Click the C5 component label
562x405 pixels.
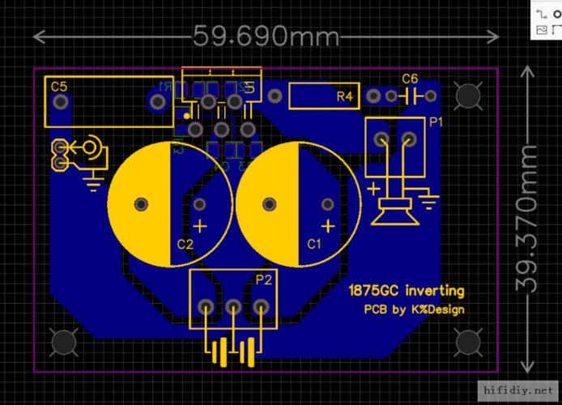point(59,86)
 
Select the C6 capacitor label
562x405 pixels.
point(411,79)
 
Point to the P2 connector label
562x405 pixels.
point(264,279)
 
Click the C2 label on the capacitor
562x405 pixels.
point(185,244)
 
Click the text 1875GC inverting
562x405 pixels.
point(407,290)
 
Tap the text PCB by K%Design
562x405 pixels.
point(414,309)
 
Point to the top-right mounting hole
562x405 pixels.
point(467,96)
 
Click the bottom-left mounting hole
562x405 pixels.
point(64,343)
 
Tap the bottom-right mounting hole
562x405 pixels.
point(467,343)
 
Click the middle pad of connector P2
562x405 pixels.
point(233,307)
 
